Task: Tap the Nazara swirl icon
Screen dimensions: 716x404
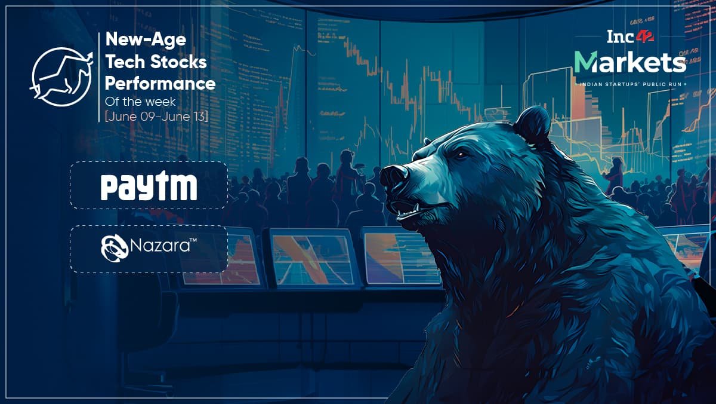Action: click(x=115, y=248)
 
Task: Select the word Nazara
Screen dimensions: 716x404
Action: click(x=160, y=246)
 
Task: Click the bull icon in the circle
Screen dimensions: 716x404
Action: click(x=62, y=77)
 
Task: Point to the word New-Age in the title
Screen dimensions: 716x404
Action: click(x=146, y=39)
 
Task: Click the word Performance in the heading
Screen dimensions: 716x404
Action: click(x=160, y=84)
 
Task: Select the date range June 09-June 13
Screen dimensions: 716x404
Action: click(x=156, y=116)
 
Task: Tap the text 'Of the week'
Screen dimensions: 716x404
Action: click(x=140, y=102)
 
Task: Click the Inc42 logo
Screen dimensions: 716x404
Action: click(x=630, y=37)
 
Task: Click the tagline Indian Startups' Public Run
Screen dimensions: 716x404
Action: click(x=630, y=84)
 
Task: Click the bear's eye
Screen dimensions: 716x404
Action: click(x=461, y=155)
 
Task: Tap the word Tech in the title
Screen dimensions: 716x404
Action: click(x=125, y=62)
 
